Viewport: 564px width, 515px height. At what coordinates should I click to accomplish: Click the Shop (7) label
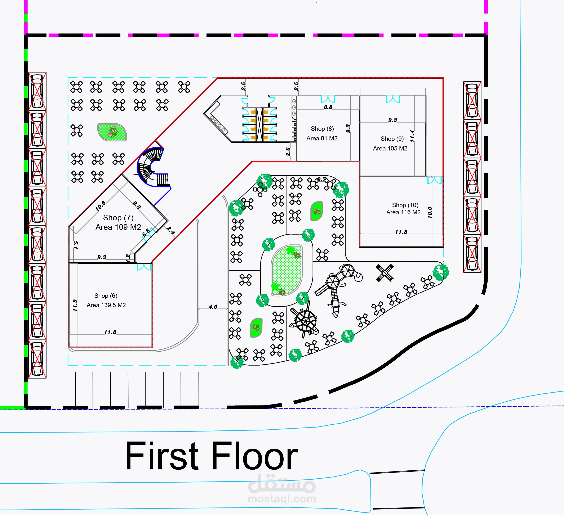click(118, 217)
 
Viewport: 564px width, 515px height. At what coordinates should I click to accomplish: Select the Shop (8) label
click(322, 129)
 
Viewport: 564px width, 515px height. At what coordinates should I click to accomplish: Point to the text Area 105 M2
click(390, 148)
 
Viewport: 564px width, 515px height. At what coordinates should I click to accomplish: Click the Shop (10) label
click(405, 205)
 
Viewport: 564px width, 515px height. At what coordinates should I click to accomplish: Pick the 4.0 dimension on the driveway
click(213, 307)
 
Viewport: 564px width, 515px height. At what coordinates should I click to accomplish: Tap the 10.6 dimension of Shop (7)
click(101, 206)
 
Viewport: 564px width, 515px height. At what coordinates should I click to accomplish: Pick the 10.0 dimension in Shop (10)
click(430, 212)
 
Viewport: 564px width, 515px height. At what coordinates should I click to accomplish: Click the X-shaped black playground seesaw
click(385, 273)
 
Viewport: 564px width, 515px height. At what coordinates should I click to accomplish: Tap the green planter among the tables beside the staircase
click(112, 132)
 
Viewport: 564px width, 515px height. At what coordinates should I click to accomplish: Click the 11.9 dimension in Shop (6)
click(75, 305)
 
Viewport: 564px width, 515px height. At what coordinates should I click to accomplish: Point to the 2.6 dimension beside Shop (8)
click(288, 152)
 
